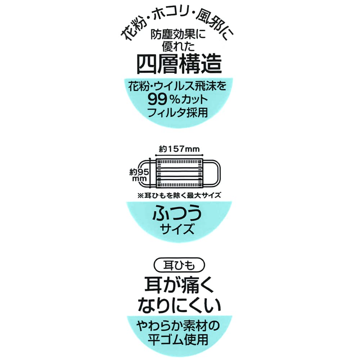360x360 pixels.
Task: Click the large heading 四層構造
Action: (179, 65)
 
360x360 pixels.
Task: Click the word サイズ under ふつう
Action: (179, 228)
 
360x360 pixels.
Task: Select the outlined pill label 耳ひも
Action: (179, 266)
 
